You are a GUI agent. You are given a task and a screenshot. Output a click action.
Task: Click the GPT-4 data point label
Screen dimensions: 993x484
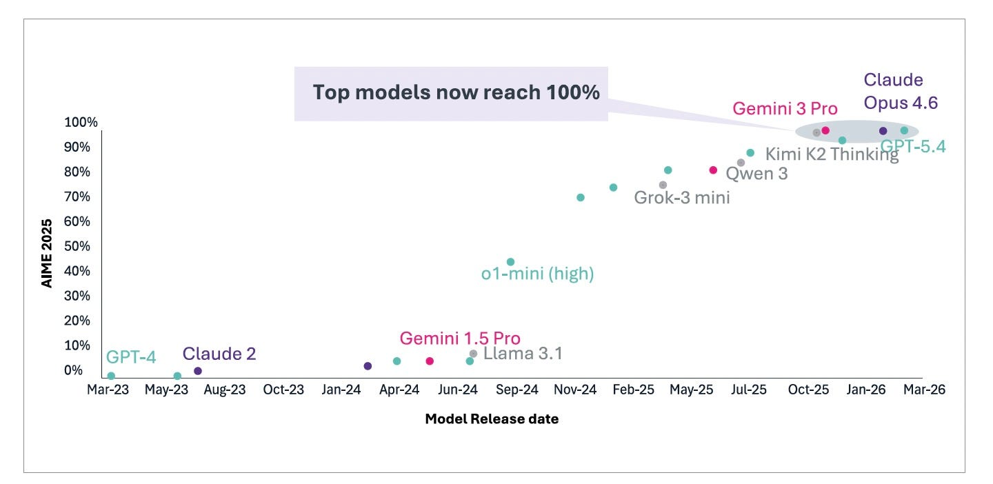(x=131, y=357)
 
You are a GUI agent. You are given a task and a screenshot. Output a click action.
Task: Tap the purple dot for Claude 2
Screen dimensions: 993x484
(x=198, y=371)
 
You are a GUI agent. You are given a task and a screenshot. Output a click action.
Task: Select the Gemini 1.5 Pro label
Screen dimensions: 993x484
(x=460, y=338)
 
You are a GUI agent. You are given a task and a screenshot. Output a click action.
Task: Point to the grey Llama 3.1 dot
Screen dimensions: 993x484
(x=474, y=354)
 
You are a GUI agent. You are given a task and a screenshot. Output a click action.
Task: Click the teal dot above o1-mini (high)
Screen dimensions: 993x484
(x=510, y=262)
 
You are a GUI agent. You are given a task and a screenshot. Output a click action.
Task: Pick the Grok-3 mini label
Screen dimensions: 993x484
(x=682, y=198)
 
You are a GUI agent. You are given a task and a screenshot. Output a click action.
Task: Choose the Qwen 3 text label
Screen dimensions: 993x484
(x=756, y=174)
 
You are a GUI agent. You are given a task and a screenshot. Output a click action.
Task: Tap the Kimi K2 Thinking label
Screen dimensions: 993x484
(x=832, y=154)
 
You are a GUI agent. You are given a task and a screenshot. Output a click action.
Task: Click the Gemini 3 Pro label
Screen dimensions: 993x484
(x=785, y=109)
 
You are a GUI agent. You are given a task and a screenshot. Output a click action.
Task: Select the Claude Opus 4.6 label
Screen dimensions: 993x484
(x=901, y=91)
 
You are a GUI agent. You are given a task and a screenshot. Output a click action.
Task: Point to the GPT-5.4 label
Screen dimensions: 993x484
(x=913, y=146)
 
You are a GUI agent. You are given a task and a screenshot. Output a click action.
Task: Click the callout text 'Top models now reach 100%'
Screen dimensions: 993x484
(x=457, y=92)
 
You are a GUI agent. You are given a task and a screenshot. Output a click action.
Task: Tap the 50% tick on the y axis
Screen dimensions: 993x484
(x=77, y=246)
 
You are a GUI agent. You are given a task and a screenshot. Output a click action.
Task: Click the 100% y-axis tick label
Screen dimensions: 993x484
(x=81, y=122)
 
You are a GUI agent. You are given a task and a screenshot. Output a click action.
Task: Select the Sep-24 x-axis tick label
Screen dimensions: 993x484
(x=517, y=390)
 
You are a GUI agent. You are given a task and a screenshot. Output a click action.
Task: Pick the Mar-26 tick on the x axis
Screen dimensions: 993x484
(x=924, y=390)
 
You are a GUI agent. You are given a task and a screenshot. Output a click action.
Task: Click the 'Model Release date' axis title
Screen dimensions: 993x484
(x=492, y=419)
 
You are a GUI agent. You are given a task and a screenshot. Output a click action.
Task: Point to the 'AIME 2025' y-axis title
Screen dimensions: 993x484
(x=47, y=253)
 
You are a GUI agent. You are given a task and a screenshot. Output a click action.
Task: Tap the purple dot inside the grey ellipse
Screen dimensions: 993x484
(x=883, y=131)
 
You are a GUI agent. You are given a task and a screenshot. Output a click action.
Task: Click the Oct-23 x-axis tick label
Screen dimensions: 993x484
(x=283, y=390)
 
